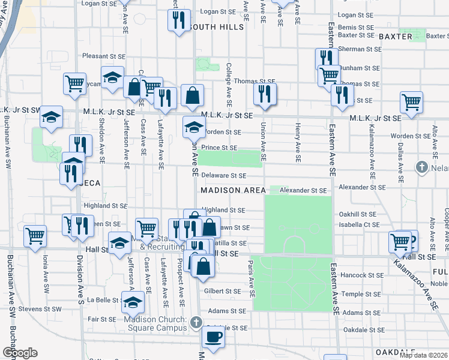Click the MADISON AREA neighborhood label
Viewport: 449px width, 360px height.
[233, 190]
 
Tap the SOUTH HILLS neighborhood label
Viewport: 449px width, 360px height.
[215, 27]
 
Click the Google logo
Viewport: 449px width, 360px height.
[19, 353]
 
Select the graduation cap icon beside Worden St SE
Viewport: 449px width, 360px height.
[193, 127]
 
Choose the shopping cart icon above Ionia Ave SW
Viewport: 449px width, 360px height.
[35, 235]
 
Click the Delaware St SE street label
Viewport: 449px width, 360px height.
[223, 176]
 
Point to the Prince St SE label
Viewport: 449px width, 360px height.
[219, 148]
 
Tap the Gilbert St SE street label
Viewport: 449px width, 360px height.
[223, 291]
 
